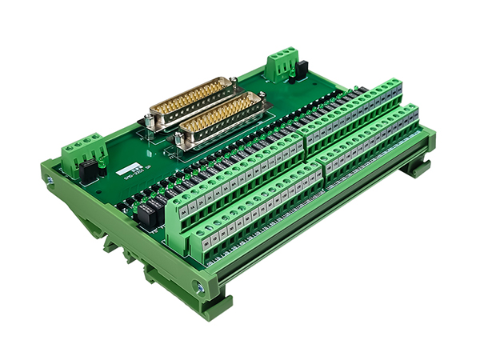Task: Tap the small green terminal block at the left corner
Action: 82,152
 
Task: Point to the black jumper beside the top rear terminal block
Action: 294,74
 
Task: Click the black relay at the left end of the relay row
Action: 147,213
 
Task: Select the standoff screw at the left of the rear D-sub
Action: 149,121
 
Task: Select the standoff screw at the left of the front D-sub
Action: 179,144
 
